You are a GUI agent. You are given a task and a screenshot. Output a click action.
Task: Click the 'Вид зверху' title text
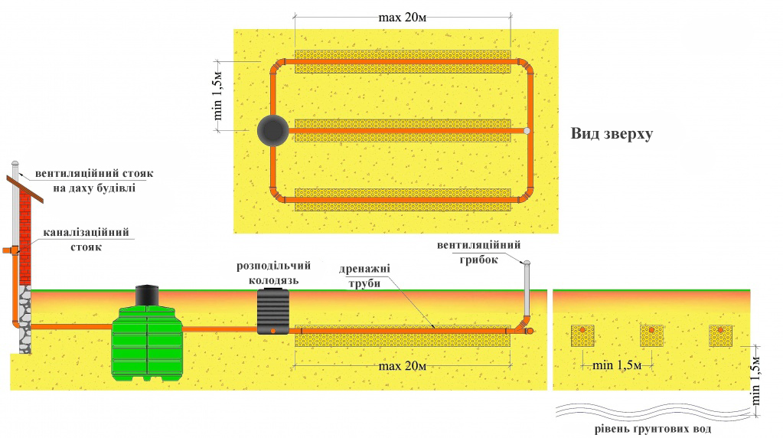[611, 133]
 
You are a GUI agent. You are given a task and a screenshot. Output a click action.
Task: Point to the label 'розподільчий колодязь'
[272, 273]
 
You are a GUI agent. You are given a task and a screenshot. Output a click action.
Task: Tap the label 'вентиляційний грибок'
[479, 252]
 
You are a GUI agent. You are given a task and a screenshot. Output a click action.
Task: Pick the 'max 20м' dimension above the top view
[403, 17]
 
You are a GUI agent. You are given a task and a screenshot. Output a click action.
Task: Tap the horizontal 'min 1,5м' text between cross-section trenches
[617, 364]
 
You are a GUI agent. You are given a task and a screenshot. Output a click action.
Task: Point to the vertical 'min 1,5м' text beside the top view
[218, 96]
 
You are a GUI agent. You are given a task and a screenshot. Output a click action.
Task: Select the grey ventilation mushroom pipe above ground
[527, 287]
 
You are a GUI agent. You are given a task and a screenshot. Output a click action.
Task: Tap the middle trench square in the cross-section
[651, 335]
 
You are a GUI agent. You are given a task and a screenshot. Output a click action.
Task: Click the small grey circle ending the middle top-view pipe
[527, 131]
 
